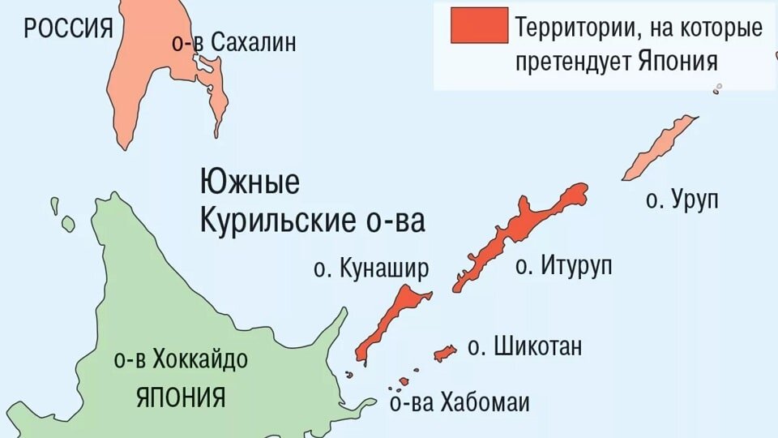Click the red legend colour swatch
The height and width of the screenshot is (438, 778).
[x=480, y=25]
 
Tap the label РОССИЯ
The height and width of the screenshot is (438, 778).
[x=68, y=30]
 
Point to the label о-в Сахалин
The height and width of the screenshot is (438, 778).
[x=233, y=42]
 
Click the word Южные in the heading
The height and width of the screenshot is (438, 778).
[x=250, y=182]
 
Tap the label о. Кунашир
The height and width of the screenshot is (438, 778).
[x=371, y=269]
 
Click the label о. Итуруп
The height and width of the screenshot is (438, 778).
[x=564, y=265]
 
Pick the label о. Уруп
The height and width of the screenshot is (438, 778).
[x=682, y=200]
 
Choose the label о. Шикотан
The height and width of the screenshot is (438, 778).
[x=525, y=347]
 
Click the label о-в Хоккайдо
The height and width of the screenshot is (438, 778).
[x=182, y=360]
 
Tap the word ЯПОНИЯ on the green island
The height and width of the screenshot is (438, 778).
[x=181, y=397]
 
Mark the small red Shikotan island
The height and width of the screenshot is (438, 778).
[x=445, y=353]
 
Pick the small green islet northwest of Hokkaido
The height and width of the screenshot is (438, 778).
[x=67, y=223]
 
